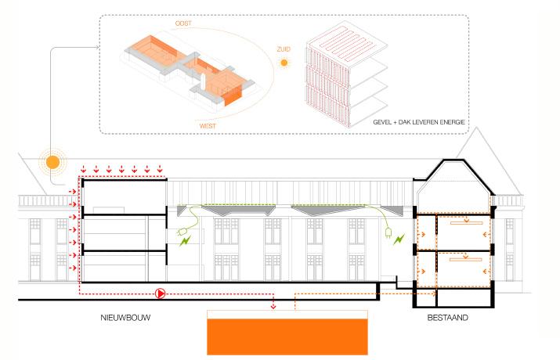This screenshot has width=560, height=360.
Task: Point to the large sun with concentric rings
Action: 52,162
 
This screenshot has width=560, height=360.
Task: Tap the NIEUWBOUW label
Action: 125,319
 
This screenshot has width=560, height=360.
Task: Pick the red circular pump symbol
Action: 161,293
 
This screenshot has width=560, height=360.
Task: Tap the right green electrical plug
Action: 387,232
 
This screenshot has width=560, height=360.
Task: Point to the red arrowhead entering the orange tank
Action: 273,305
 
